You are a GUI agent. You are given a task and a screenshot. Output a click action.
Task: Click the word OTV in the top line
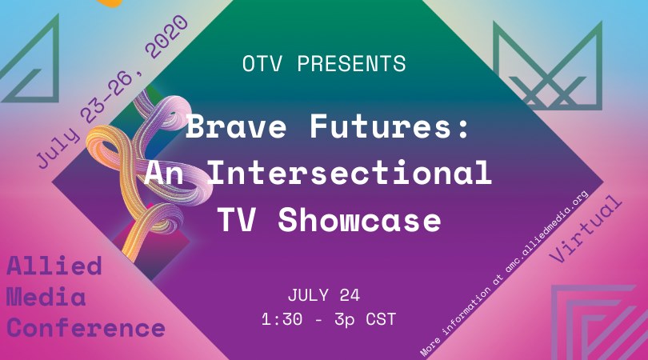(262, 64)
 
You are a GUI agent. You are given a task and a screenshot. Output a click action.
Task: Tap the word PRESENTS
(352, 64)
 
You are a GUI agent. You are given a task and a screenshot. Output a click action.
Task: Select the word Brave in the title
(236, 126)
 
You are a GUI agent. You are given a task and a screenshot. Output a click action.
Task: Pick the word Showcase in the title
(359, 219)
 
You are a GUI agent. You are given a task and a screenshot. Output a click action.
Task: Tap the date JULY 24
(323, 295)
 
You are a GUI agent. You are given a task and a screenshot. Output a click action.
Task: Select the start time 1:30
(282, 319)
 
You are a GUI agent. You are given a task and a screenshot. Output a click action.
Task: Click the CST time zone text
(381, 319)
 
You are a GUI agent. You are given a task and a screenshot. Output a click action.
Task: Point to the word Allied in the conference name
(54, 266)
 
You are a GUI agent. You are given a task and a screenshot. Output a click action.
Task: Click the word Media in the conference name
(46, 297)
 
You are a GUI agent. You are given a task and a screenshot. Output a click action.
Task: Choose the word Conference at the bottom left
(86, 328)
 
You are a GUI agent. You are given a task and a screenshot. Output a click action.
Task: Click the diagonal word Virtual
(586, 229)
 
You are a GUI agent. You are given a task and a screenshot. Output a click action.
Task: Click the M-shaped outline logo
(547, 66)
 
